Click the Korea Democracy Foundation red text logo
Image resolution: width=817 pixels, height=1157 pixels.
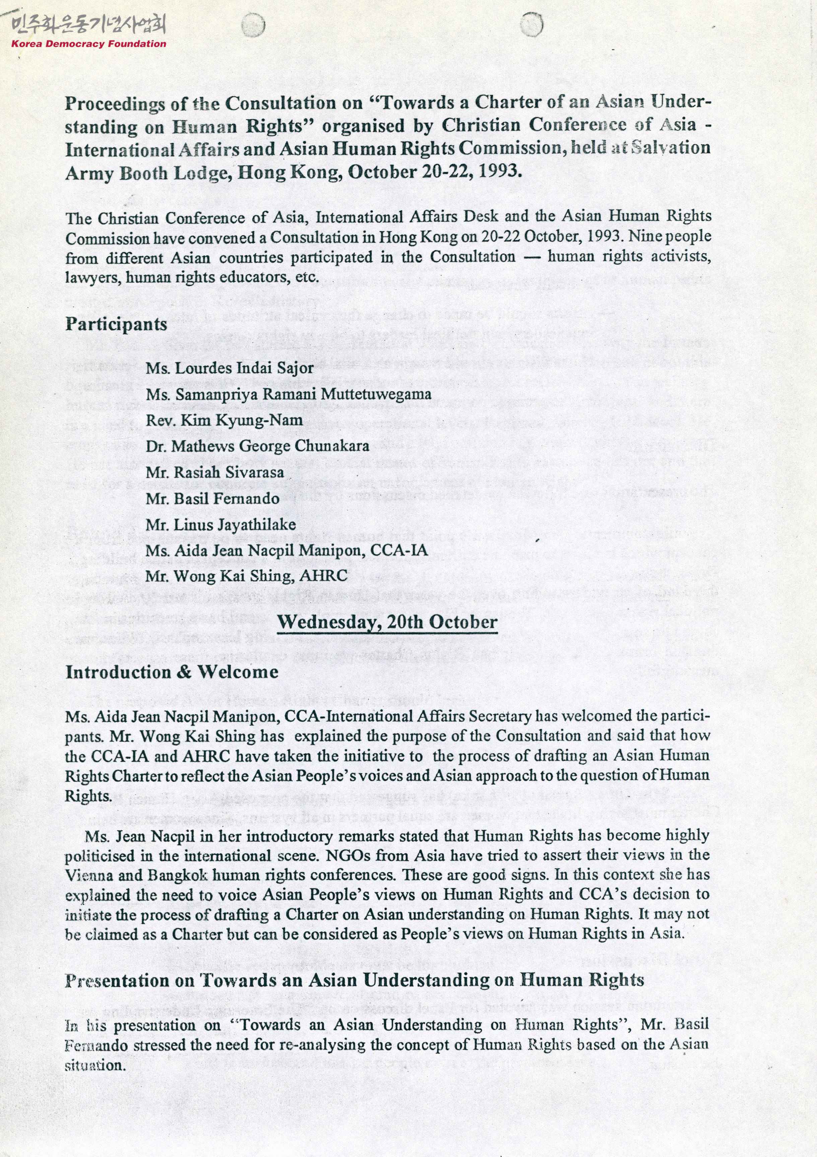click(x=89, y=44)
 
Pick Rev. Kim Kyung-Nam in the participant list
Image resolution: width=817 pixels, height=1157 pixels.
click(x=224, y=420)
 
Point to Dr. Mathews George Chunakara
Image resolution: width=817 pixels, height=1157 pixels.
click(x=258, y=446)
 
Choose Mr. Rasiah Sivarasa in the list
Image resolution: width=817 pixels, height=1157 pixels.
click(x=215, y=473)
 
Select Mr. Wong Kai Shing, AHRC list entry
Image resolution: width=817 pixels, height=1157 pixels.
click(x=247, y=576)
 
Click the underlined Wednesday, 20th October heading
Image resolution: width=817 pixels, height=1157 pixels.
click(x=387, y=622)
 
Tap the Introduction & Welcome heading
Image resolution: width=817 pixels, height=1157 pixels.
click(x=172, y=672)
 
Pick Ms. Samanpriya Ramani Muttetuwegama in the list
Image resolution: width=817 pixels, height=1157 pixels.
click(x=289, y=394)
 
